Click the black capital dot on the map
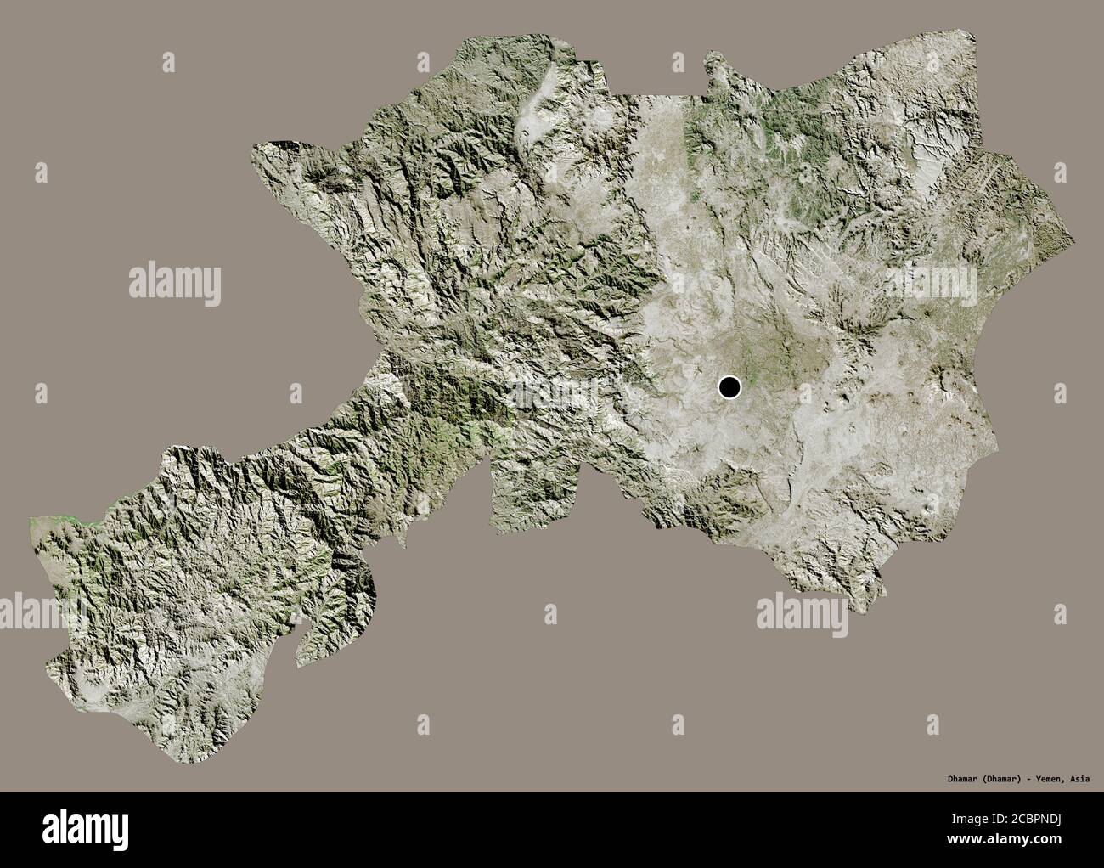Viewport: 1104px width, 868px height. (x=729, y=388)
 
